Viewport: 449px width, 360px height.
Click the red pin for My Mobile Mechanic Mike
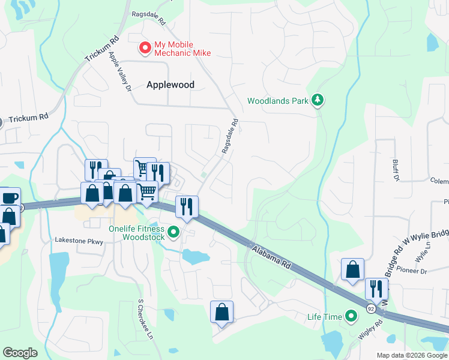[x=145, y=47]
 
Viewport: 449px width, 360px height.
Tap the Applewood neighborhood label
[x=170, y=85]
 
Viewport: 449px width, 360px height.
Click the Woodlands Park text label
[x=277, y=100]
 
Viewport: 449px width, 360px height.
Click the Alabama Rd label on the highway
[x=271, y=256]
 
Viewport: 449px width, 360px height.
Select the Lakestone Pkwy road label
[x=79, y=241]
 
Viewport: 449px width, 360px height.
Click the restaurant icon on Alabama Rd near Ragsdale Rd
[x=186, y=207]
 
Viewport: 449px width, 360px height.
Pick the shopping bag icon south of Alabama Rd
[x=221, y=312]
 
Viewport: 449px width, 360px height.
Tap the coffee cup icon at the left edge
[x=9, y=197]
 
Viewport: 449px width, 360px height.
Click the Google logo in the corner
[x=20, y=353]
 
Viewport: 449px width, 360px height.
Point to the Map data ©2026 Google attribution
[x=411, y=355]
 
